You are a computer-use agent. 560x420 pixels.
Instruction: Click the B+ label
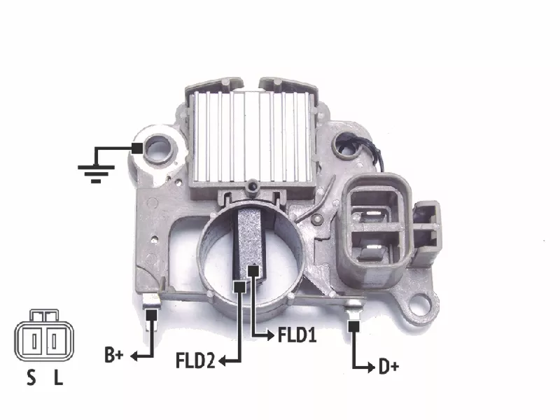(114, 355)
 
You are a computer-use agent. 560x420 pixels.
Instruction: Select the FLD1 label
(297, 335)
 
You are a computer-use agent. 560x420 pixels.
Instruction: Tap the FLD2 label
(195, 360)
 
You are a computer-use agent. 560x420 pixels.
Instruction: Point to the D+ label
(388, 367)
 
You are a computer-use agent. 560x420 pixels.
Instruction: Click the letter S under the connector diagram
(31, 377)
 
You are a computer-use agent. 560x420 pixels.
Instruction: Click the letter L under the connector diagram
(58, 377)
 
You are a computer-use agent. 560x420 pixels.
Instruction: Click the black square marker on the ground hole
(136, 148)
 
